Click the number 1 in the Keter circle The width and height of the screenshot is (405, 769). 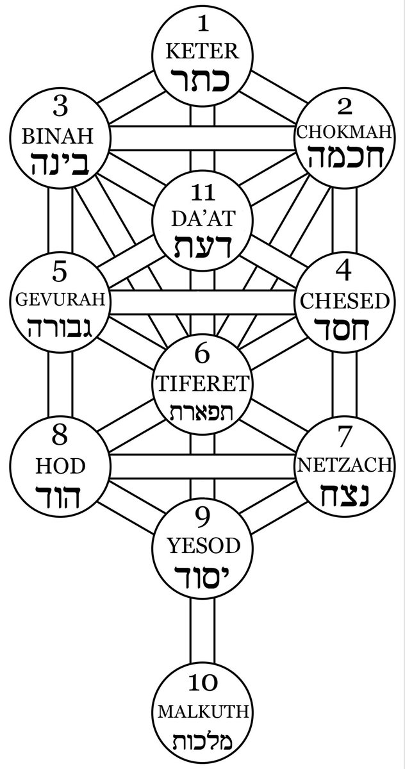204,24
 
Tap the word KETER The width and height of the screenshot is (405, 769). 202,51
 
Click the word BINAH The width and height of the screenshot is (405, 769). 58,136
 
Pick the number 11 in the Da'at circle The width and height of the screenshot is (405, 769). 204,194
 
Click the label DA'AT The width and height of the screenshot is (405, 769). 203,219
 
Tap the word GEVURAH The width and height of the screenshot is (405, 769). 60,299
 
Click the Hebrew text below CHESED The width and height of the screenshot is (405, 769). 344,329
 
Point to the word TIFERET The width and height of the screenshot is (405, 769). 202,383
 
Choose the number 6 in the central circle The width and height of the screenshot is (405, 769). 202,355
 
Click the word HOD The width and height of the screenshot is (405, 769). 60,467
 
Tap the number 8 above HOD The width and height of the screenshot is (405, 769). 60,437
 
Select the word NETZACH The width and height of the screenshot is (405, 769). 344,466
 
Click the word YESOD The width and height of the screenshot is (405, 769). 204,546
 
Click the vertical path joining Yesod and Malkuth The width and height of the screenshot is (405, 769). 202,631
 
